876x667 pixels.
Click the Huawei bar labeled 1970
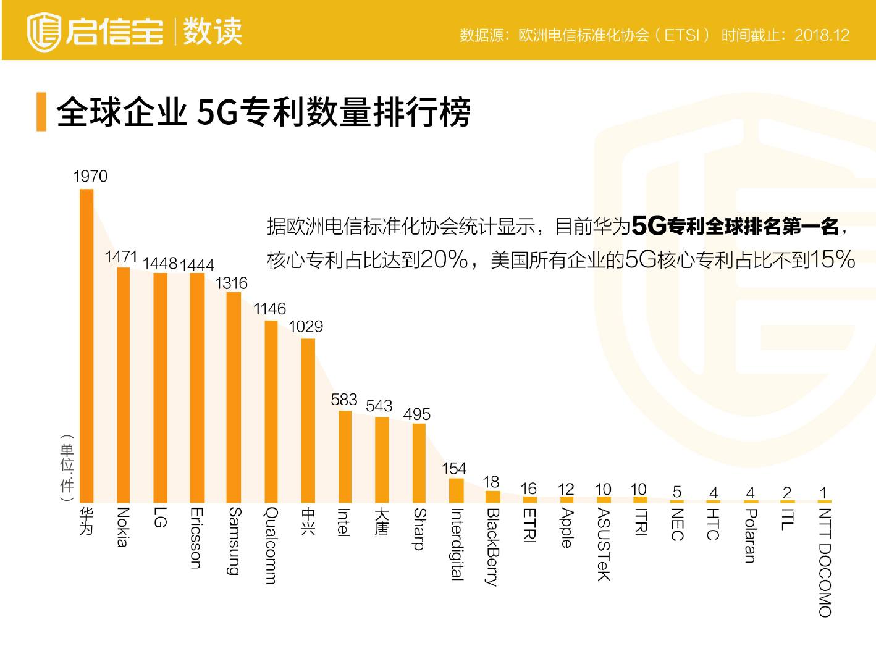point(86,346)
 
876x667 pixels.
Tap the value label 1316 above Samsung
point(231,283)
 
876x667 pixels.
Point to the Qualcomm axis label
point(271,546)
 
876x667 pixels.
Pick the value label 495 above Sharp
point(416,414)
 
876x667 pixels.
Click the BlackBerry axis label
point(492,547)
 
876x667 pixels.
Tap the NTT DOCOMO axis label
point(825,562)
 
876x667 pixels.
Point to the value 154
point(454,469)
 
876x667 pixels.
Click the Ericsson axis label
point(196,538)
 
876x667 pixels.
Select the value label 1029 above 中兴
point(306,327)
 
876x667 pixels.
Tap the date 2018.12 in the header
point(822,35)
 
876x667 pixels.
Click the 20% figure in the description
point(444,259)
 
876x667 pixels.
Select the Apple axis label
point(566,528)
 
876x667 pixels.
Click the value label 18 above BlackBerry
point(491,482)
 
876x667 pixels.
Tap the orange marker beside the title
point(41,112)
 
